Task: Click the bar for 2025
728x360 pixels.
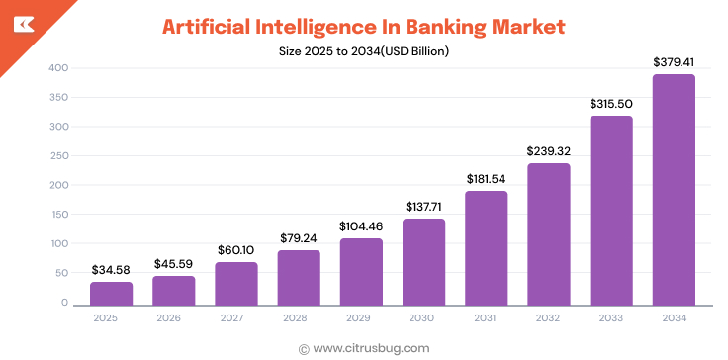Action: pos(111,294)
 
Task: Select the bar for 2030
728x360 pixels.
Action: pos(423,262)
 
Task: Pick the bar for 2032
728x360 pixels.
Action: pos(549,234)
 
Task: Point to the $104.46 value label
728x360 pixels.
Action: pos(361,226)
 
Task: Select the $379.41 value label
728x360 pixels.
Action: pos(674,62)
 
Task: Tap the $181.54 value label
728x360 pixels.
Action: pos(487,179)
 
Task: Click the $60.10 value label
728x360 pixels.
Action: pos(236,250)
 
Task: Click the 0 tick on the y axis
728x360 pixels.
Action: pos(63,303)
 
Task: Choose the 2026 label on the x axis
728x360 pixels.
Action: pos(173,318)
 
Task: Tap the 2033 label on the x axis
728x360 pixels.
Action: pos(611,318)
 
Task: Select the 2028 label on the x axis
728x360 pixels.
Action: pos(299,318)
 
